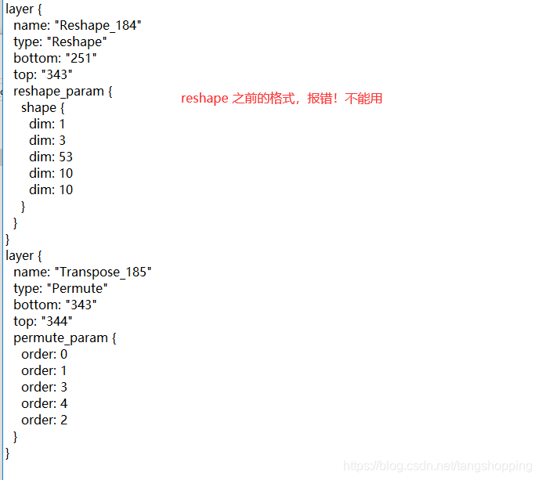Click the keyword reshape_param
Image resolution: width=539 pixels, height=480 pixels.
pyautogui.click(x=59, y=91)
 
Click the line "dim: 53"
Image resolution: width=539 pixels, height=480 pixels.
pyautogui.click(x=51, y=157)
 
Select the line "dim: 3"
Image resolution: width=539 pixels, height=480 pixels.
pyautogui.click(x=48, y=140)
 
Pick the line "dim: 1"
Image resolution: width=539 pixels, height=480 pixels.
pyautogui.click(x=48, y=124)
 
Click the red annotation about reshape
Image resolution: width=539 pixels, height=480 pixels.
pyautogui.click(x=281, y=99)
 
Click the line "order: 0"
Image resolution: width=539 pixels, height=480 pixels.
pyautogui.click(x=44, y=354)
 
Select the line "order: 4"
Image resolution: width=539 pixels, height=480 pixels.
pyautogui.click(x=44, y=403)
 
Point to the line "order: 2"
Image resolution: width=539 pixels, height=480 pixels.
pyautogui.click(x=44, y=420)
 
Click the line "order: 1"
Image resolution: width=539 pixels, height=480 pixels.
pyautogui.click(x=44, y=370)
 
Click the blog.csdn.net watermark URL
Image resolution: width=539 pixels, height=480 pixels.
pyautogui.click(x=437, y=467)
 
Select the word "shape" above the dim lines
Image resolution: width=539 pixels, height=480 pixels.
pyautogui.click(x=38, y=107)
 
